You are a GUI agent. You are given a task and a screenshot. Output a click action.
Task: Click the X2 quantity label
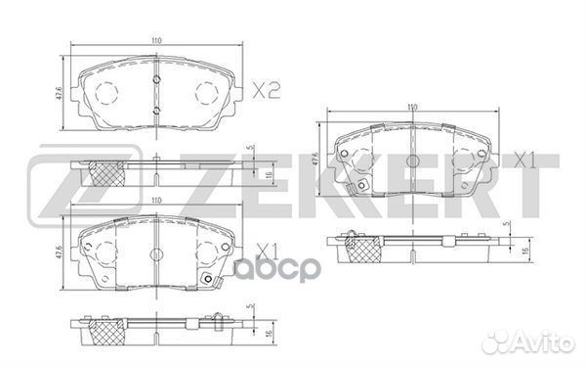[265, 93]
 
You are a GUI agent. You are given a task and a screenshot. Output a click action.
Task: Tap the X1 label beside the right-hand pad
[524, 158]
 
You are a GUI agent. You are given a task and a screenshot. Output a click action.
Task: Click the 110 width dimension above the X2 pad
[156, 38]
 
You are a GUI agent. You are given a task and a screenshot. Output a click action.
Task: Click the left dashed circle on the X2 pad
[106, 92]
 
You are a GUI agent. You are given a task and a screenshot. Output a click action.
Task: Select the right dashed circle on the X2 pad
[207, 92]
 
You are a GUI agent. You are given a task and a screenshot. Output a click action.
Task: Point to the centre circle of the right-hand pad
[412, 159]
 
